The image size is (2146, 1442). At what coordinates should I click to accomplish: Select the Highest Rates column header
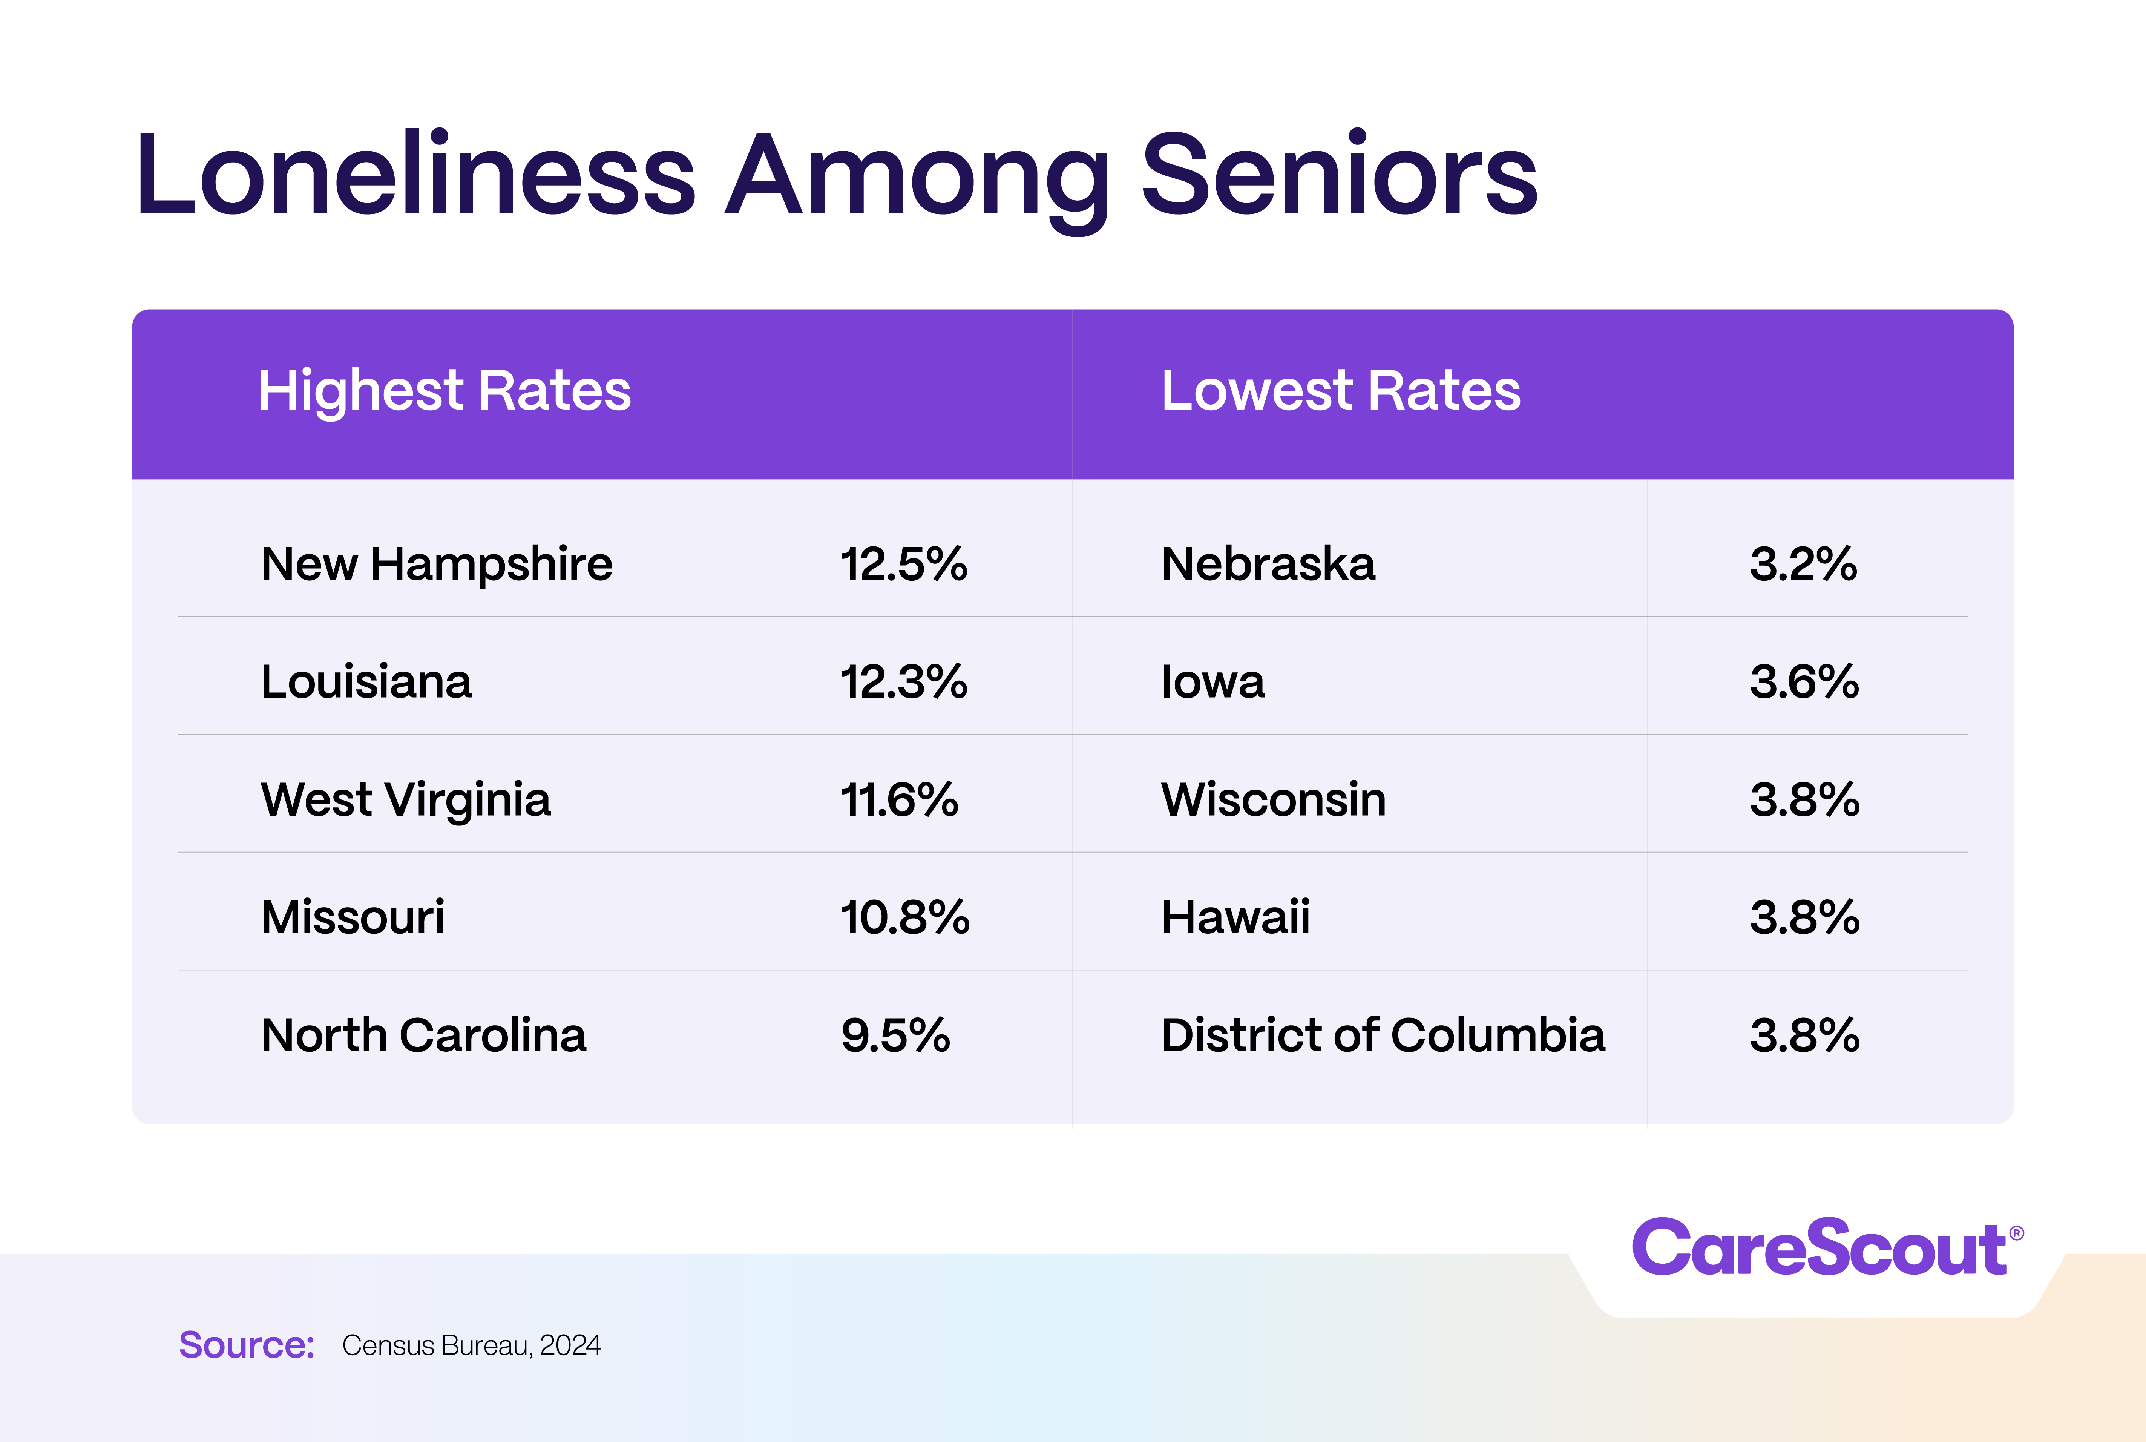click(x=444, y=391)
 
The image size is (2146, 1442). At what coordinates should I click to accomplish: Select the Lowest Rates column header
click(x=1341, y=391)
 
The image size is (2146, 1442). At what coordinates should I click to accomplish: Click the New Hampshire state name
click(x=437, y=564)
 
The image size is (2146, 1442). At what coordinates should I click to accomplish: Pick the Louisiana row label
click(x=366, y=681)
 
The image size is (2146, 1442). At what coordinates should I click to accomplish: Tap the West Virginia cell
click(x=405, y=799)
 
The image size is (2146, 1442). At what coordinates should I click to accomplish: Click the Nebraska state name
click(x=1268, y=564)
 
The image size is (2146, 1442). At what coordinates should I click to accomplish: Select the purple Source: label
click(x=247, y=1344)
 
